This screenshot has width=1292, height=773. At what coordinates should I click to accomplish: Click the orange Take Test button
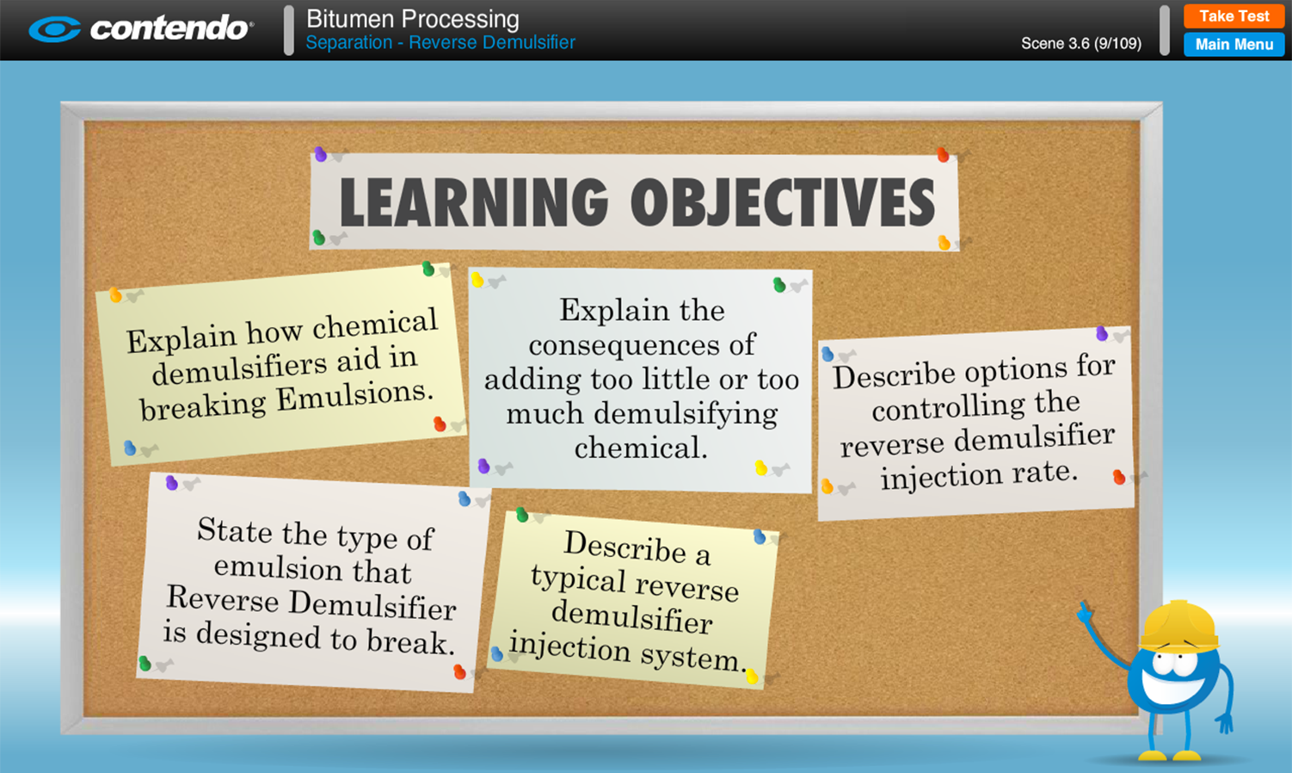point(1234,16)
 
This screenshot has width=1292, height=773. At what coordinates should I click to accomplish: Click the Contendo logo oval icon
point(55,29)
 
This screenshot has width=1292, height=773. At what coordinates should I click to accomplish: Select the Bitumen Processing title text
point(412,19)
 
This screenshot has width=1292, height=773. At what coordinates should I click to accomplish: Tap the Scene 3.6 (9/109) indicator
point(1081,43)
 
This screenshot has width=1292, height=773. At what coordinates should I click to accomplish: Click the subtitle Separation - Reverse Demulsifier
point(440,42)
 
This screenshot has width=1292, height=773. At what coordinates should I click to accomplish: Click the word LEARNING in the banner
point(474,202)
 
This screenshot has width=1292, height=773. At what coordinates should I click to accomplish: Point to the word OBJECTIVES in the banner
point(783,202)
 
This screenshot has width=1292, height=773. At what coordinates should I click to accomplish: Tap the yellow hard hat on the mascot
point(1179,627)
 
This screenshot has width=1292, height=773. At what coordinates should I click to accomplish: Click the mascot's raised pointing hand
point(1085,612)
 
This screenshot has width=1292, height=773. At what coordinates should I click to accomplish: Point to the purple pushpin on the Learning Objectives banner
point(321,154)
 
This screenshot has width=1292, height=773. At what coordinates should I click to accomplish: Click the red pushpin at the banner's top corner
point(943,155)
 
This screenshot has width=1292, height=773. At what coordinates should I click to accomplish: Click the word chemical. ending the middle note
point(641,448)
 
